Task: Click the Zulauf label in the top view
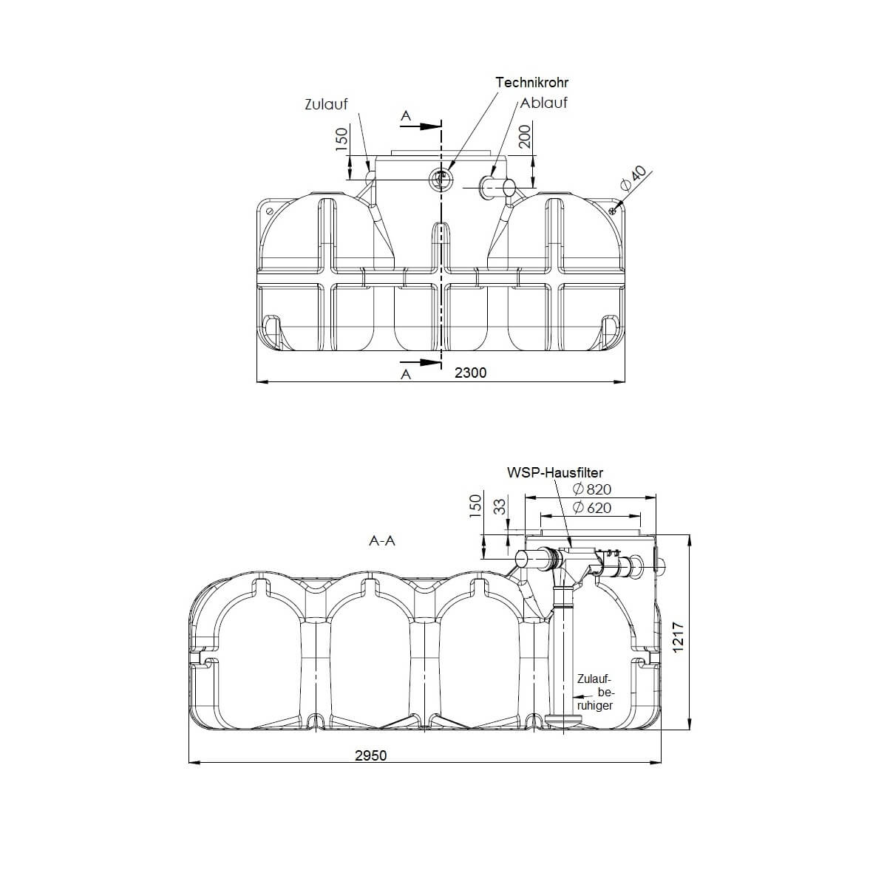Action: click(x=325, y=104)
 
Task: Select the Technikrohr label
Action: click(x=531, y=82)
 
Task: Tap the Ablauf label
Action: click(x=544, y=103)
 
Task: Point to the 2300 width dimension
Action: click(x=470, y=373)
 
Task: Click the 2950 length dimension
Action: click(x=370, y=755)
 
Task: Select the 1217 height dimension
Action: click(x=680, y=636)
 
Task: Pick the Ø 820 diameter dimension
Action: click(x=592, y=489)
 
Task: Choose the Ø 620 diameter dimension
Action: click(x=592, y=508)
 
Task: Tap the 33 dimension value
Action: click(x=500, y=506)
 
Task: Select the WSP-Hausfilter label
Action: click(x=555, y=472)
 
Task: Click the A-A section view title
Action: click(x=382, y=540)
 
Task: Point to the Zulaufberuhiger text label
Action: click(x=595, y=693)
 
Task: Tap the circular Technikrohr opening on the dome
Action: click(x=441, y=177)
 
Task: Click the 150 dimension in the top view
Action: click(x=341, y=139)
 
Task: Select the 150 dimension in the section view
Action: click(x=475, y=505)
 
